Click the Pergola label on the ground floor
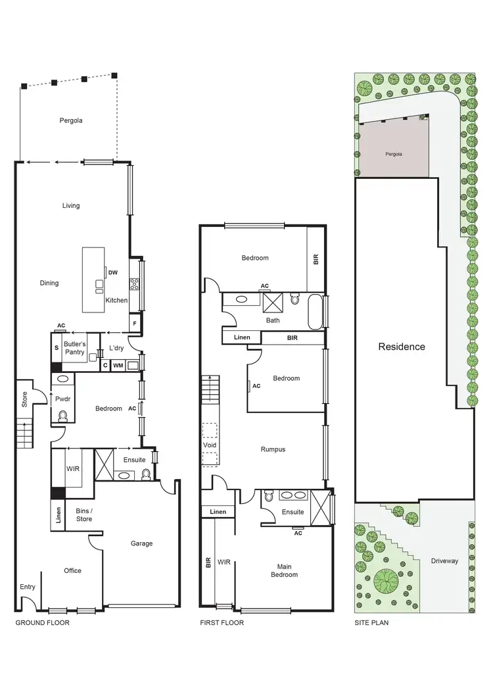point(70,120)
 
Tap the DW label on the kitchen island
point(113,272)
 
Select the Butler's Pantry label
point(74,348)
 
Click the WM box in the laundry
point(118,365)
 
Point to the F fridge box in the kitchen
point(135,323)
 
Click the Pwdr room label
point(64,399)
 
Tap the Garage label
point(141,543)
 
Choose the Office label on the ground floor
point(72,570)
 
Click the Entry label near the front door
point(28,587)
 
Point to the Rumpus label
point(272,449)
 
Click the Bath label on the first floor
point(273,320)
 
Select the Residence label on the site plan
point(401,347)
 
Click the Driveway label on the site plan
point(444,561)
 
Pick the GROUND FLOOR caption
point(42,622)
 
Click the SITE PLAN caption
point(371,622)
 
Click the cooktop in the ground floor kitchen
point(134,284)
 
